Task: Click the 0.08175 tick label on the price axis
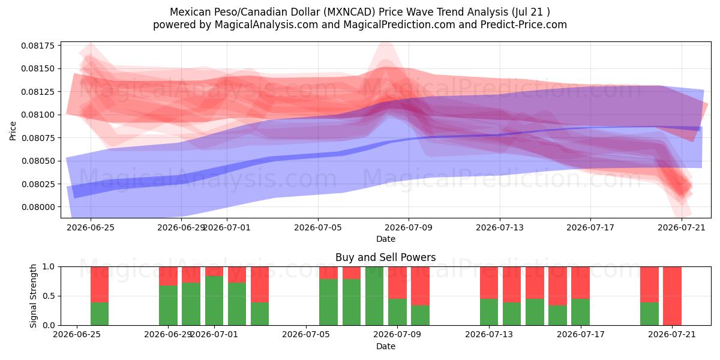[38, 46]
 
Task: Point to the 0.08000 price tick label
[38, 207]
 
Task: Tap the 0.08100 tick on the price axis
[38, 115]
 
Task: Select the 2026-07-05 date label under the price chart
[318, 227]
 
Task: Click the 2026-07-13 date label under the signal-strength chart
[489, 334]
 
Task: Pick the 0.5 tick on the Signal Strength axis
[49, 296]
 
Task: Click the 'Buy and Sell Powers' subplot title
[385, 257]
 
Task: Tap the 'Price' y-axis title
[13, 131]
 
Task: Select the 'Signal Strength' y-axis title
[33, 296]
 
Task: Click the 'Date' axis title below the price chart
[386, 239]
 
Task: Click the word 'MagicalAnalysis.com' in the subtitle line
[266, 25]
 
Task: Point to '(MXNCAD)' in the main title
[349, 12]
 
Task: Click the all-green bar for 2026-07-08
[374, 296]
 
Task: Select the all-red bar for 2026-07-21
[672, 296]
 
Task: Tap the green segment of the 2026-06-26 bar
[100, 314]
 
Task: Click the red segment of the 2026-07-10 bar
[420, 286]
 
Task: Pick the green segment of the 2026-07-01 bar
[214, 301]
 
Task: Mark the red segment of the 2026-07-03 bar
[260, 284]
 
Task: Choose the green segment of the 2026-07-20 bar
[649, 314]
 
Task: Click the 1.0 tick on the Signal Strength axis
[49, 267]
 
